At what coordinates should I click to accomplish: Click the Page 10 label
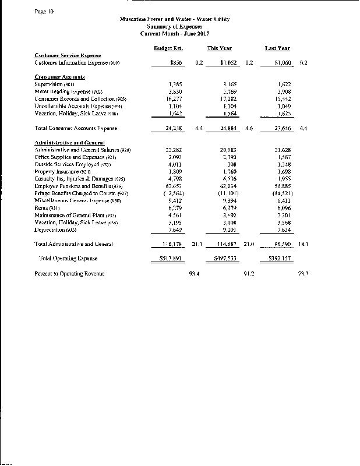tap(44, 11)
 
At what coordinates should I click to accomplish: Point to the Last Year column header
tap(277, 48)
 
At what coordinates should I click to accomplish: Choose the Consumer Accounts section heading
tap(60, 77)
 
